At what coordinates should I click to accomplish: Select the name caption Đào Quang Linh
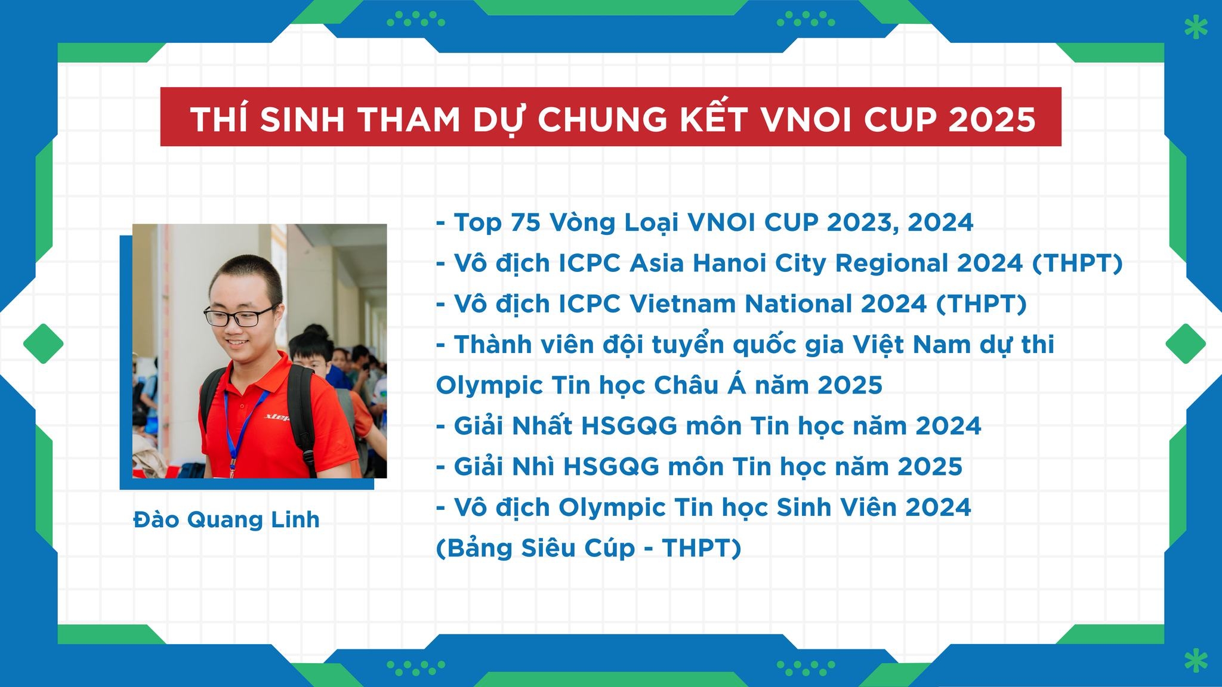click(x=226, y=519)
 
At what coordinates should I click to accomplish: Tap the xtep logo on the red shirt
click(x=277, y=417)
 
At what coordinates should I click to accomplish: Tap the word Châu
click(x=685, y=385)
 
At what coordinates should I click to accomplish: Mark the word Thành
click(x=493, y=345)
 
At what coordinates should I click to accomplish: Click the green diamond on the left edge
click(x=44, y=343)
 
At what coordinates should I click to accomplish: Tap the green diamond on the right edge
click(x=1186, y=343)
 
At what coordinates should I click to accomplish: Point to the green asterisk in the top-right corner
click(x=1196, y=27)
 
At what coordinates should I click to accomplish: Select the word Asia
click(x=656, y=263)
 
